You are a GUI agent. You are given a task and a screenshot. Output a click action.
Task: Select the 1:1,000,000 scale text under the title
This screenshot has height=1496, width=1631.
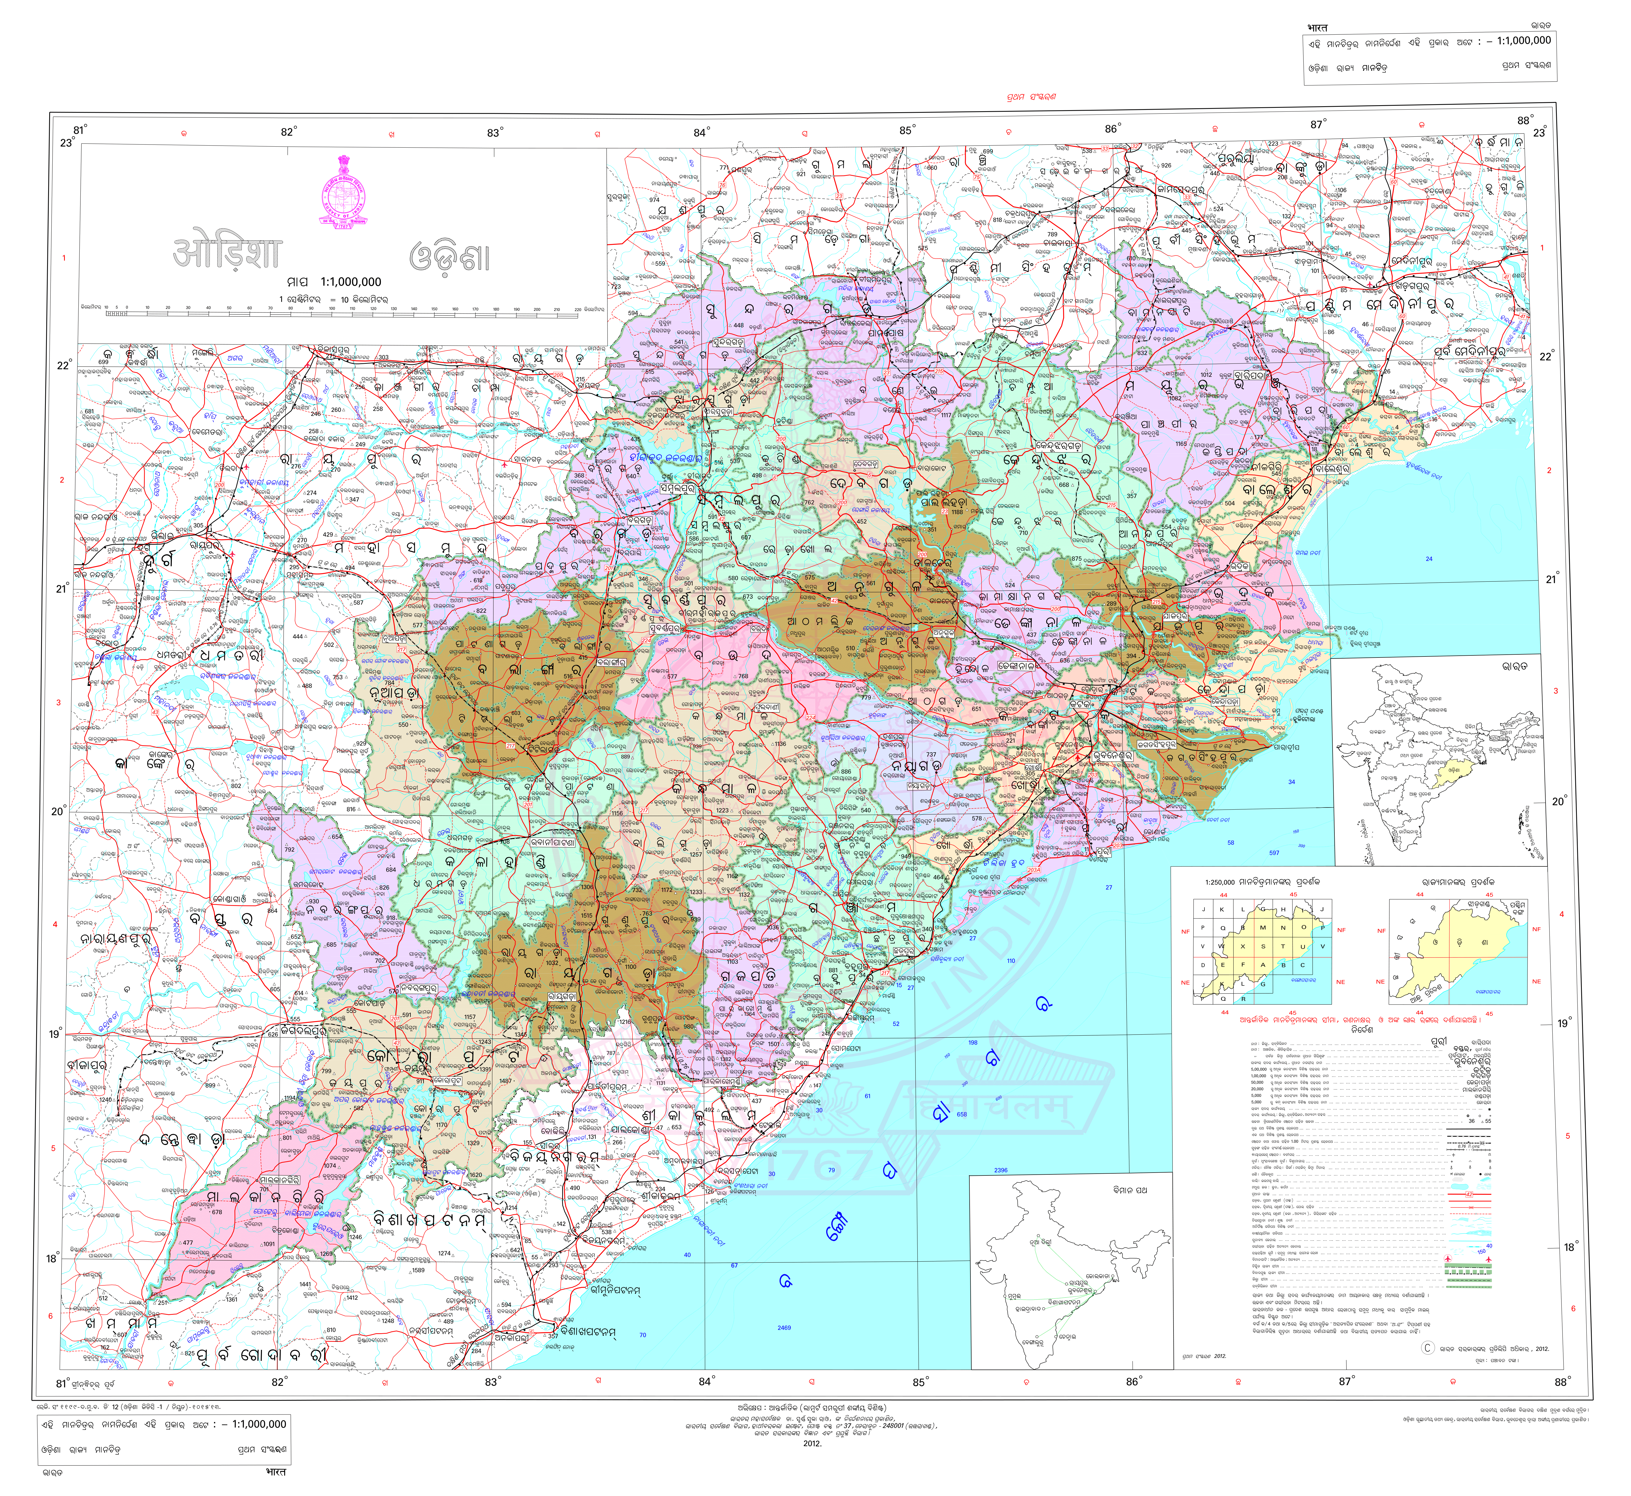350,282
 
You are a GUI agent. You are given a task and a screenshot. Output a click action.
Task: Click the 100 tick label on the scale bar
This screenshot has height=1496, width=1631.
331,308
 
